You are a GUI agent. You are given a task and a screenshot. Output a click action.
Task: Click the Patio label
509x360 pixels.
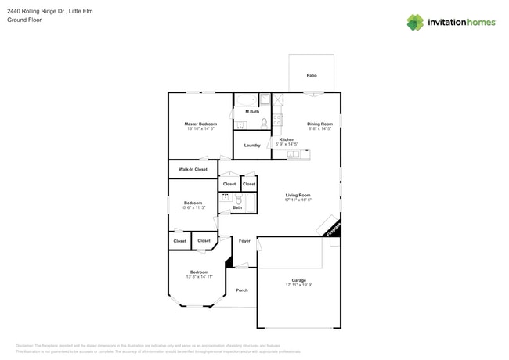coord(312,75)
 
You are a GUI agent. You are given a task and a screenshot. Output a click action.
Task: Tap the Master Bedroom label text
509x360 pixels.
coord(200,124)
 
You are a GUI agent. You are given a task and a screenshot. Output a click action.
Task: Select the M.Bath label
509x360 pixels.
coord(252,111)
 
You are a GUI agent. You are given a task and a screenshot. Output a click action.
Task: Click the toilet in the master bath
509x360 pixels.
coord(265,122)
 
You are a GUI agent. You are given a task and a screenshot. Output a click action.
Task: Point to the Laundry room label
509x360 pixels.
coord(252,145)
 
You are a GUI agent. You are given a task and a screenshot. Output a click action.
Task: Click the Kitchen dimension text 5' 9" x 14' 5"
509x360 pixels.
coord(287,144)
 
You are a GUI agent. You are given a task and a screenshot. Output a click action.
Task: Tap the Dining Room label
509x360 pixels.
coord(319,124)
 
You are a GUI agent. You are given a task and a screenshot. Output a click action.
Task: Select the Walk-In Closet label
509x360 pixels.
coord(193,169)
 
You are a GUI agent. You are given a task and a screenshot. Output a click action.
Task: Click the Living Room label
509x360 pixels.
coord(298,195)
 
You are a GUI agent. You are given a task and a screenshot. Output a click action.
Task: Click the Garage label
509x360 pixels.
coord(298,280)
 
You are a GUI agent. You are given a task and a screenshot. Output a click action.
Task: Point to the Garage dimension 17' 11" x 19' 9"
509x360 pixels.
coord(298,285)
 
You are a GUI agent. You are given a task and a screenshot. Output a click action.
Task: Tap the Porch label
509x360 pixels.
coord(242,290)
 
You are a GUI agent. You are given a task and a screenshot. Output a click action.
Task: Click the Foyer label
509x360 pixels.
coord(244,241)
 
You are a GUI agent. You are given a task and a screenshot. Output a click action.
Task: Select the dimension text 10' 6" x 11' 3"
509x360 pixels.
coord(193,207)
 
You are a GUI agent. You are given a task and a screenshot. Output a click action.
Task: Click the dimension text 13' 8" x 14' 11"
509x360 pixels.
coord(199,277)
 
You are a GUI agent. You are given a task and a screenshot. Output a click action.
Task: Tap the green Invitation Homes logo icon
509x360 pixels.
coord(415,22)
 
